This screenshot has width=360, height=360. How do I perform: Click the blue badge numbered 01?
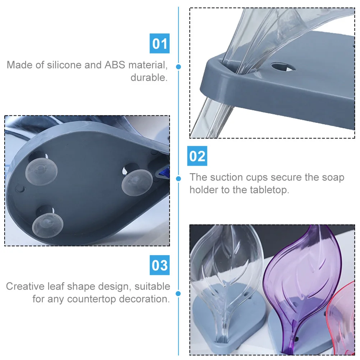(x=160, y=44)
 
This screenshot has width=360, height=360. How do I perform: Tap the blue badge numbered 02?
(x=197, y=157)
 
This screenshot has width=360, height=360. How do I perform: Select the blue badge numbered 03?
(x=160, y=266)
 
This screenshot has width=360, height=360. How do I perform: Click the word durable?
(x=149, y=78)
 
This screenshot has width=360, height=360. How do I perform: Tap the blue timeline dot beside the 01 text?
(x=179, y=67)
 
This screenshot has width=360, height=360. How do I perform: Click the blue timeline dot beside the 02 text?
(x=179, y=178)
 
